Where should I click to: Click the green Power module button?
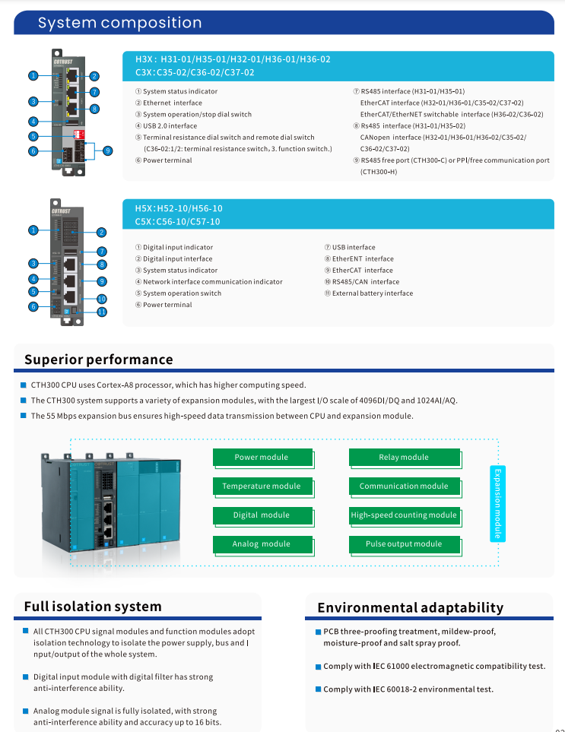click(262, 458)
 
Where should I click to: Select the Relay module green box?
click(404, 458)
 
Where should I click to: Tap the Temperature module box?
click(262, 486)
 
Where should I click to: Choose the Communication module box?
click(404, 486)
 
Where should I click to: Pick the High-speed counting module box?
click(404, 515)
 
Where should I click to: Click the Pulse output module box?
click(404, 544)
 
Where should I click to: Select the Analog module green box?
click(262, 544)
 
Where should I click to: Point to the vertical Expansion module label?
click(498, 502)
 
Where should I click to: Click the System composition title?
click(120, 23)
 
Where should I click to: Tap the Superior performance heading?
click(99, 360)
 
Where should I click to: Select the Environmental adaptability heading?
click(410, 607)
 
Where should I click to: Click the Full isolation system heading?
click(93, 607)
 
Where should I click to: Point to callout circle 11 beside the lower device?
click(102, 312)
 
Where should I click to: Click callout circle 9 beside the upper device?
click(107, 151)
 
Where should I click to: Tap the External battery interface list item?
click(372, 293)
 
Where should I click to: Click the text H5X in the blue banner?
click(144, 208)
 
